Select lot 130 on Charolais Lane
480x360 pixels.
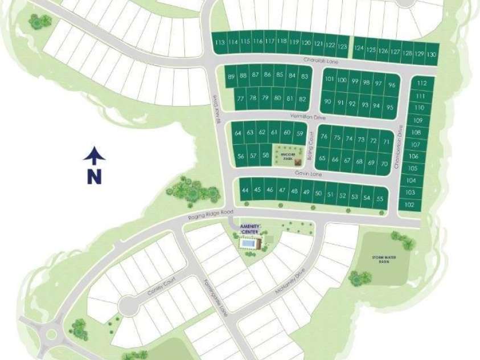(x=432, y=54)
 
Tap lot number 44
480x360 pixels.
(x=245, y=190)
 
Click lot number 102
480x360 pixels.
(x=409, y=204)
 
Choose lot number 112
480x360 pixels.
(x=421, y=83)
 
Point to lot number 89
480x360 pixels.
(x=231, y=76)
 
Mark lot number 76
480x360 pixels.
(x=324, y=137)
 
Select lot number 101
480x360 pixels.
(x=329, y=80)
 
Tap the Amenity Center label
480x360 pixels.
(x=251, y=229)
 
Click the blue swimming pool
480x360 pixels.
(x=248, y=244)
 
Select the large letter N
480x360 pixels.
(x=95, y=177)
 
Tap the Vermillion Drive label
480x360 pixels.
(x=306, y=116)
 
